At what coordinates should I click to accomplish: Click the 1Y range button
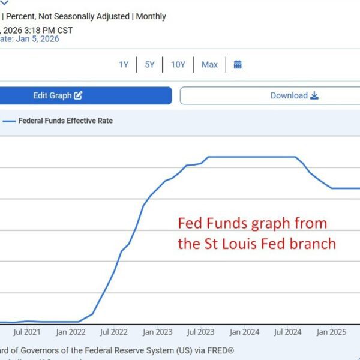[x=124, y=64]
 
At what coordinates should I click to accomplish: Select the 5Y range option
[x=149, y=64]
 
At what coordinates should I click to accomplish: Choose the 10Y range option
[x=178, y=64]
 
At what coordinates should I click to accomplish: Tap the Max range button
[x=209, y=64]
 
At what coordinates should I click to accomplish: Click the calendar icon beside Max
[x=238, y=64]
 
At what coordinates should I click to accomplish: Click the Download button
[x=269, y=95]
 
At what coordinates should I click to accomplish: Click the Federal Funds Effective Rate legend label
[x=65, y=121]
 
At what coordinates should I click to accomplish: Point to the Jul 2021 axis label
[x=26, y=331]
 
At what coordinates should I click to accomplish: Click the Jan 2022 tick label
[x=71, y=331]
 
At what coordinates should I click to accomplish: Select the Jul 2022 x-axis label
[x=113, y=331]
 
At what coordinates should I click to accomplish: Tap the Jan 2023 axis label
[x=157, y=331]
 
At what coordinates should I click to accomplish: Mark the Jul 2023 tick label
[x=200, y=331]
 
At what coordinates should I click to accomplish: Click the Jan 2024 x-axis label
[x=244, y=331]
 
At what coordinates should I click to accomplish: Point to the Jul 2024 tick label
[x=287, y=331]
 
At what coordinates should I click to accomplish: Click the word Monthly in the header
[x=151, y=16]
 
